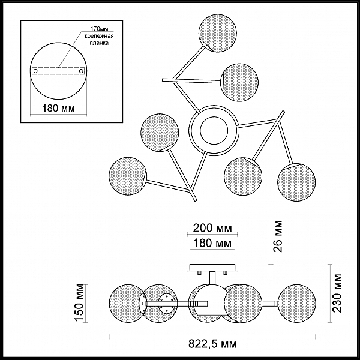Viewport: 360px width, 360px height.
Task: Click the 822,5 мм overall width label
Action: tap(212, 344)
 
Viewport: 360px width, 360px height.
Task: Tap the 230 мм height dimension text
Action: tap(337, 293)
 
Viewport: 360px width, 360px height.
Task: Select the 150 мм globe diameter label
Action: tap(80, 302)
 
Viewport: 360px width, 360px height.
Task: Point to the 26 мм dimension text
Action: tap(278, 236)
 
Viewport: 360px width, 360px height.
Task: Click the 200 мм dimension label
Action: tap(212, 228)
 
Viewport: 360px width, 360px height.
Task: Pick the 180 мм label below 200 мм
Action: tap(212, 243)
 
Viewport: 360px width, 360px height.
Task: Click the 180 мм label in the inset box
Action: tap(59, 108)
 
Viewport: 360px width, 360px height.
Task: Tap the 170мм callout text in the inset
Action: tap(99, 29)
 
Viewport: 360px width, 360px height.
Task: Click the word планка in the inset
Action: tap(99, 43)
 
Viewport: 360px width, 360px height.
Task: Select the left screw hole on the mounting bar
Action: tap(35, 71)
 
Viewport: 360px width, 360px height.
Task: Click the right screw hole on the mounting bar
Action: tap(81, 71)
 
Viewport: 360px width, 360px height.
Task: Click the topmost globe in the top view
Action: tap(218, 33)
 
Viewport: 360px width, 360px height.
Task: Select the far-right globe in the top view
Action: tap(296, 182)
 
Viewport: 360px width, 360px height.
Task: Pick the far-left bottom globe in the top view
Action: tap(128, 176)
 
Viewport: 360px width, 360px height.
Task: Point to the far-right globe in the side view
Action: tap(296, 303)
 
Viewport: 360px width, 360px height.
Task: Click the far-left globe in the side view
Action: tap(127, 303)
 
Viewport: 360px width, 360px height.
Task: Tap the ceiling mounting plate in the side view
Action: tap(212, 268)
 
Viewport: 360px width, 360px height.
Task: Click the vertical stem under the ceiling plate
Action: tap(212, 278)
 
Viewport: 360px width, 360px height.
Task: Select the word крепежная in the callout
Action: tap(99, 36)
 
